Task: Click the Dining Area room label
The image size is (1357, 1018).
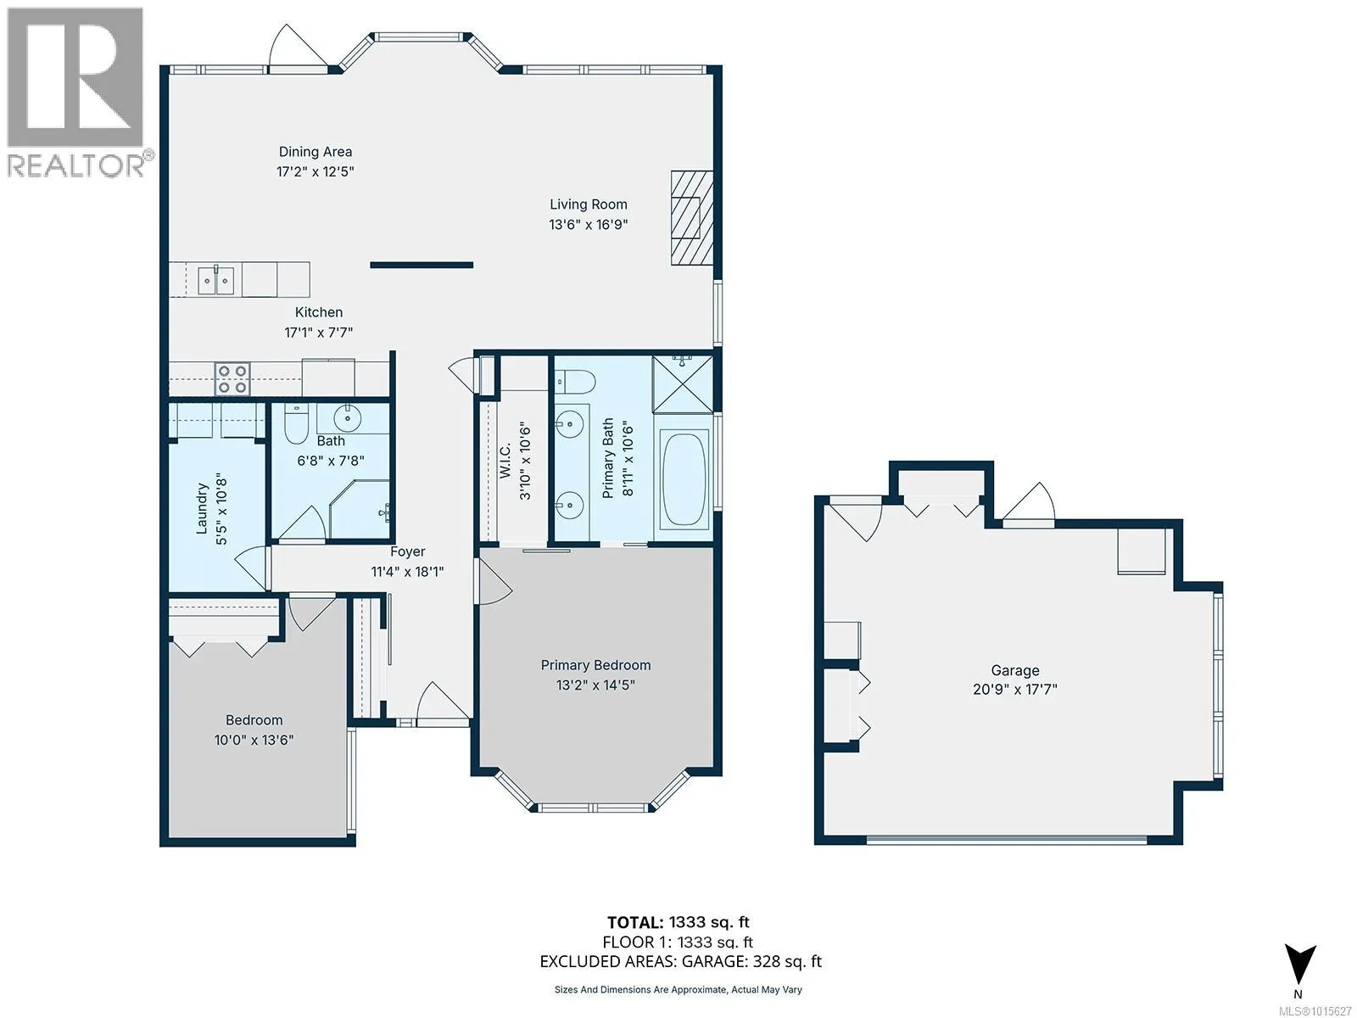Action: click(x=316, y=152)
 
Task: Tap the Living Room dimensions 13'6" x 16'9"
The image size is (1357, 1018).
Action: click(x=589, y=224)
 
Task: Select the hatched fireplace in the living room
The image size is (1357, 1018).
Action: click(x=692, y=217)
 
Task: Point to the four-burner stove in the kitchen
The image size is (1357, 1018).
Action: click(x=232, y=379)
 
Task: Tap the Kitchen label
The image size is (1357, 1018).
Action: click(x=318, y=313)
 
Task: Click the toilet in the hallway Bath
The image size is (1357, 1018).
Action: click(x=295, y=423)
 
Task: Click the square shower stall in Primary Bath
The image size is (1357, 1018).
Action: click(x=683, y=383)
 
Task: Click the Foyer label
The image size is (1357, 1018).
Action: click(x=407, y=551)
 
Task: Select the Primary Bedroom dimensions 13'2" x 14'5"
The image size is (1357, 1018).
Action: click(x=595, y=685)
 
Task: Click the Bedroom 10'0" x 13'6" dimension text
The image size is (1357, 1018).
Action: click(x=254, y=740)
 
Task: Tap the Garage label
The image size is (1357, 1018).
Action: click(x=1015, y=670)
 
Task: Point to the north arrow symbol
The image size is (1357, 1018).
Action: click(x=1300, y=966)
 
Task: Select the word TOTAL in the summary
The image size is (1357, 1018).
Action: click(x=635, y=923)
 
